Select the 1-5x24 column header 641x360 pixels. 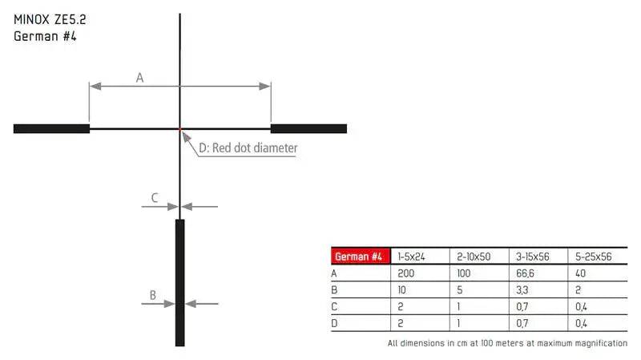[x=411, y=257]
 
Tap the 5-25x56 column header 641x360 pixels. [x=593, y=257]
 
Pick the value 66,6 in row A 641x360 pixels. [x=525, y=273]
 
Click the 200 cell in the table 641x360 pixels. [x=406, y=273]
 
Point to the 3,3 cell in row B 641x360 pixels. [x=522, y=290]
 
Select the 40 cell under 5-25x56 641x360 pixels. [x=580, y=273]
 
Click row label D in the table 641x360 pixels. [x=334, y=323]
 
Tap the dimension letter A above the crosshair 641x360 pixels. [x=139, y=78]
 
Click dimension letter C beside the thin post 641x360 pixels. [x=155, y=198]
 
